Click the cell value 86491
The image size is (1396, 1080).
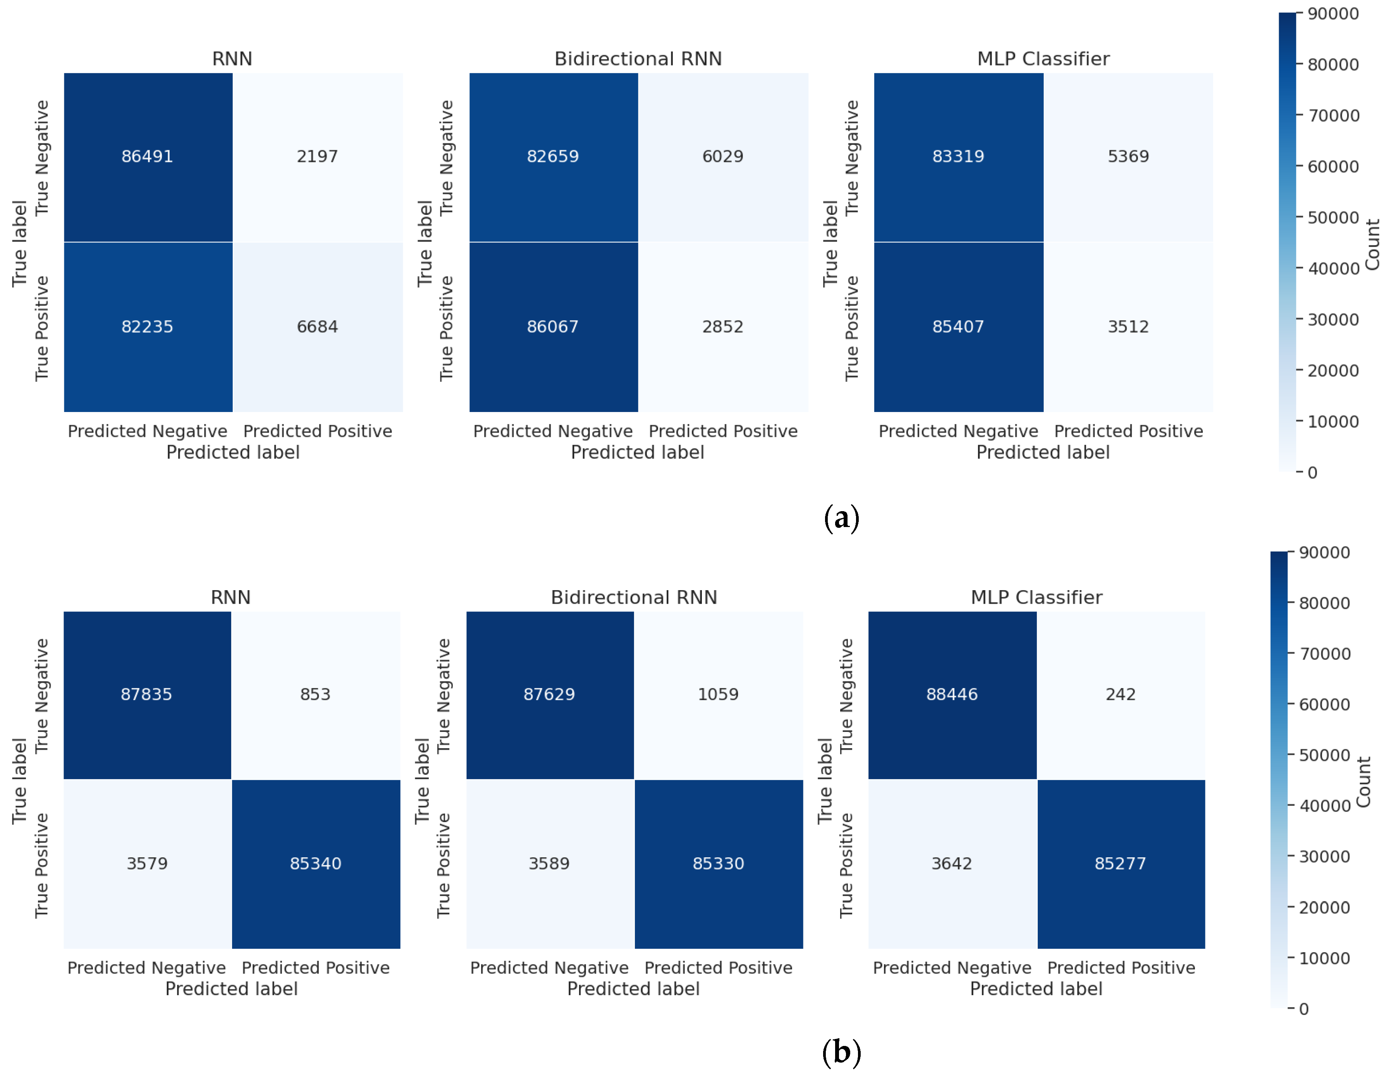tap(147, 156)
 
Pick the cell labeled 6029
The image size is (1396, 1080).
tap(722, 156)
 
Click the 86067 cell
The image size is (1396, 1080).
tap(552, 326)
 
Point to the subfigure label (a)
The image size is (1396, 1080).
tap(841, 518)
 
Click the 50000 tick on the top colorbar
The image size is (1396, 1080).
tap(1333, 217)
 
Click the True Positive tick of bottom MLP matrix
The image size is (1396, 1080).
tap(845, 865)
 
